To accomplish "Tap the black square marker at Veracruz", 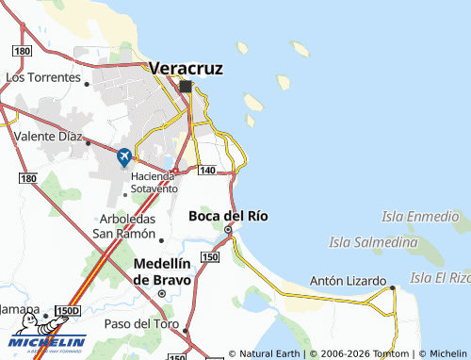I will click(186, 87).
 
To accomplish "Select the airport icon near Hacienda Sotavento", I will click(124, 157).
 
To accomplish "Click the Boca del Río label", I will click(228, 216).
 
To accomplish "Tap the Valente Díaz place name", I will click(48, 137).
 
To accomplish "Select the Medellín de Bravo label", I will click(162, 271).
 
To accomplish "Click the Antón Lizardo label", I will click(349, 281).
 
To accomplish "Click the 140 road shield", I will click(207, 170).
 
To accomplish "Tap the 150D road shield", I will click(68, 310).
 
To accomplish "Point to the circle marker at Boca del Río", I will click(228, 229).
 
